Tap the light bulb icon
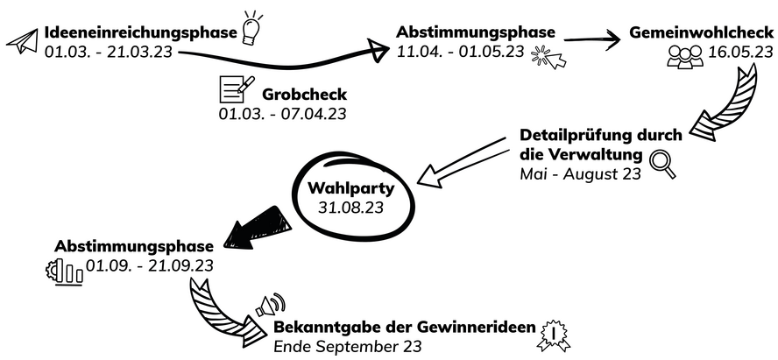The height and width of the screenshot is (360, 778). point(252,27)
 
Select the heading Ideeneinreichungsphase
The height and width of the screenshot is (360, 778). point(140,33)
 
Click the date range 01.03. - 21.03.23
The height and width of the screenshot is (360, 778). point(109,53)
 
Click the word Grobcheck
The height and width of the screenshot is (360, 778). point(304,94)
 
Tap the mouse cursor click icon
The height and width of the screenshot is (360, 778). point(549,57)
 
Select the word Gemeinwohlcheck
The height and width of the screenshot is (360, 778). point(701,32)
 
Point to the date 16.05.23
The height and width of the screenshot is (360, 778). point(739,53)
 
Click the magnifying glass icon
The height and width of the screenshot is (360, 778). point(663,164)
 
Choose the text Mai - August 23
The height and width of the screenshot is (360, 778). point(579,173)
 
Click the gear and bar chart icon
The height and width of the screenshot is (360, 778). point(64,271)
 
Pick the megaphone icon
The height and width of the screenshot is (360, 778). point(271,306)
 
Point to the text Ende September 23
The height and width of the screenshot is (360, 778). point(348,347)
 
